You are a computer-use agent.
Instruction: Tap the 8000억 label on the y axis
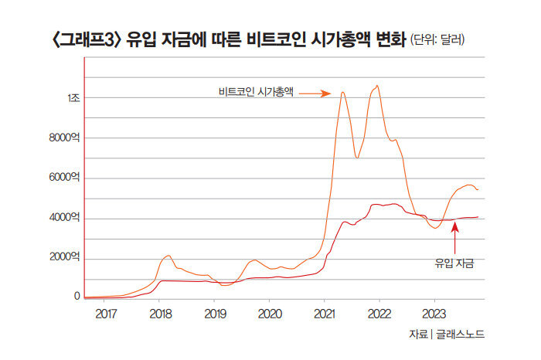click(63, 138)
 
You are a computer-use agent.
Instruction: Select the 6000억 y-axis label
click(63, 178)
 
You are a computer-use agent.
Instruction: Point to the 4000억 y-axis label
click(63, 219)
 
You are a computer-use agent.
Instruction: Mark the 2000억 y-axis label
click(63, 258)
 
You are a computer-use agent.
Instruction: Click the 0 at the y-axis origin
click(77, 296)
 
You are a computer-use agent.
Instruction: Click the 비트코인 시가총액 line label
click(256, 93)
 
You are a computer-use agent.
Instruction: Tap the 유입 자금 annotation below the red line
click(454, 263)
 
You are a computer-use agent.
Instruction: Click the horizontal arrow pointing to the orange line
click(315, 93)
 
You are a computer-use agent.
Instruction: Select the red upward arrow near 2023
click(454, 236)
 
